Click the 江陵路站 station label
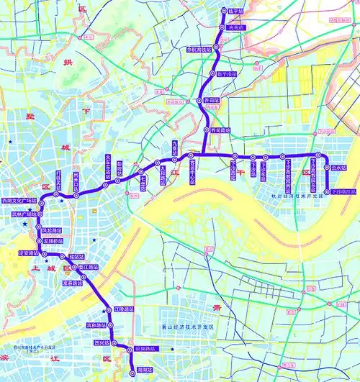point(124,310)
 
